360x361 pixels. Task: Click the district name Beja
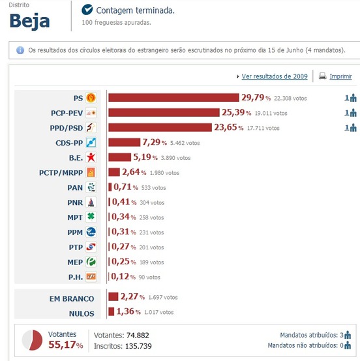pos(29,20)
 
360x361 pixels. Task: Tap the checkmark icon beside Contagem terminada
pos(87,10)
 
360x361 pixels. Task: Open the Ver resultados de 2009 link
pos(274,76)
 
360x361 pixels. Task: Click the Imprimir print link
pos(340,76)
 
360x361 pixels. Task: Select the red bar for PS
pos(174,98)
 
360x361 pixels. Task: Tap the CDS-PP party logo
pos(91,142)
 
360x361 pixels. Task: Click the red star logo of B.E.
pos(91,157)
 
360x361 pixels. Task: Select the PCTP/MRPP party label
pos(61,172)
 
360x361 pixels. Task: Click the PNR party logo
pos(91,202)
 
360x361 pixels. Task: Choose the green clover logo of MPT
pos(91,217)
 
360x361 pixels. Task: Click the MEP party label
pos(74,262)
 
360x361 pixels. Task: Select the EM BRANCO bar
pos(112,298)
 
